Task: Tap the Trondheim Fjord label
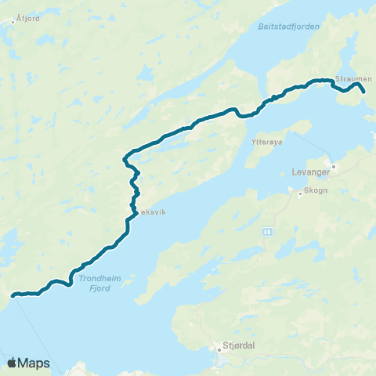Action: point(97,283)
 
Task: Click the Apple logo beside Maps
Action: point(12,363)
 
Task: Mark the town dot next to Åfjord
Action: point(13,21)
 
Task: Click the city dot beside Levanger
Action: point(333,166)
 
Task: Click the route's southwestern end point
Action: point(13,295)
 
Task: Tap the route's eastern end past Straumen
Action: point(364,92)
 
